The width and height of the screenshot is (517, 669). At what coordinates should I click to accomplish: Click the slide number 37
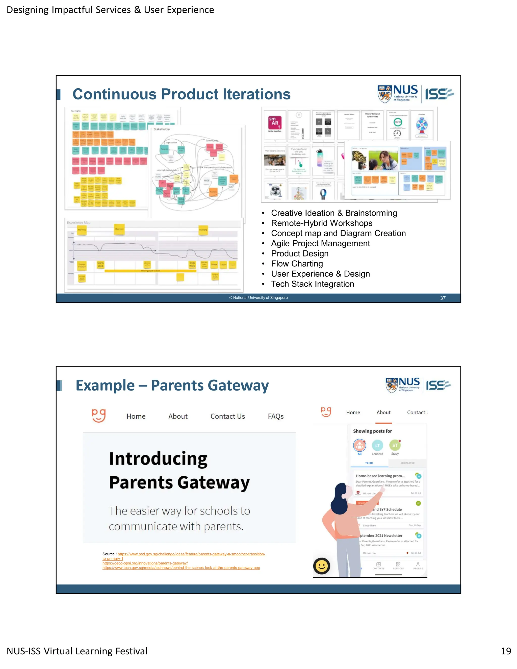pyautogui.click(x=443, y=298)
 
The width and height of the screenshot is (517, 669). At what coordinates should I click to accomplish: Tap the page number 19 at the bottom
pyautogui.click(x=506, y=651)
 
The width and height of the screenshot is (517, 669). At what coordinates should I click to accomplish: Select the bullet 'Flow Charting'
pyautogui.click(x=297, y=264)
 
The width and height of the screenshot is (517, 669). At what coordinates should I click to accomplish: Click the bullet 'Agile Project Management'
pyautogui.click(x=320, y=244)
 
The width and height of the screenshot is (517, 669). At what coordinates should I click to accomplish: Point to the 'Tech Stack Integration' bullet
pyautogui.click(x=313, y=284)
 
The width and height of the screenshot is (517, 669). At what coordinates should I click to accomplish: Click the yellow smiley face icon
pyautogui.click(x=322, y=566)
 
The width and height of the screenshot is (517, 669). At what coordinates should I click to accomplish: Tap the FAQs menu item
pyautogui.click(x=276, y=416)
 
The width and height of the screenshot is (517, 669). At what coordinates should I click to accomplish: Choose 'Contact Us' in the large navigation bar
pyautogui.click(x=227, y=416)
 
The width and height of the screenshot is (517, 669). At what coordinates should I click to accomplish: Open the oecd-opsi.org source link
pyautogui.click(x=145, y=563)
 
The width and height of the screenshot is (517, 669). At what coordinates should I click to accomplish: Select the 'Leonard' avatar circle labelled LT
pyautogui.click(x=377, y=446)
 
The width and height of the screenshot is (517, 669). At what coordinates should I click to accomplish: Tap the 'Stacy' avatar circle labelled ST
pyautogui.click(x=395, y=445)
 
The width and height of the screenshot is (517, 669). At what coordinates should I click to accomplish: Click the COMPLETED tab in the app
pyautogui.click(x=407, y=463)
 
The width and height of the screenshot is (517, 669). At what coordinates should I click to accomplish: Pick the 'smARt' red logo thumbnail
pyautogui.click(x=275, y=123)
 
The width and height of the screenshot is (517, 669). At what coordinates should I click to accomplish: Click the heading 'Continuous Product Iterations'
pyautogui.click(x=181, y=94)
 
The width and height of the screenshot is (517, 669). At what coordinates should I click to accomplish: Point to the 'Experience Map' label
pyautogui.click(x=79, y=222)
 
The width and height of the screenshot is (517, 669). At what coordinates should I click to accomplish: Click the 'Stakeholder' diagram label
pyautogui.click(x=162, y=129)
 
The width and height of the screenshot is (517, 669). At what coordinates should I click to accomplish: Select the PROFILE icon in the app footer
pyautogui.click(x=418, y=566)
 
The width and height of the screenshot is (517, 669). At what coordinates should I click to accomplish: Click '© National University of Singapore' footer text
pyautogui.click(x=258, y=298)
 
